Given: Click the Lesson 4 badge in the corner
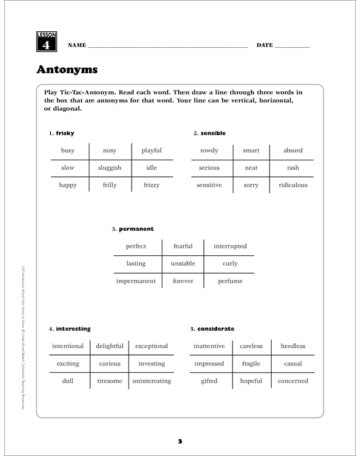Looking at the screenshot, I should pyautogui.click(x=47, y=42).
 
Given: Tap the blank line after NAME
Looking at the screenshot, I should pyautogui.click(x=168, y=47).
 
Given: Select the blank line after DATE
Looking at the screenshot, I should pyautogui.click(x=293, y=47).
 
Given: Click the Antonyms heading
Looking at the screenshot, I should pyautogui.click(x=67, y=70).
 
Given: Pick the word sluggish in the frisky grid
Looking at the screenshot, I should pyautogui.click(x=110, y=167).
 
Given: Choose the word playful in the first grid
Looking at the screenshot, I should pyautogui.click(x=151, y=150).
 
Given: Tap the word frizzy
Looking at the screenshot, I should pyautogui.click(x=151, y=184).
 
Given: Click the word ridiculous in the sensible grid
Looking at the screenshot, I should pyautogui.click(x=293, y=184).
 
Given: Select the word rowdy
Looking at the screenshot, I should pyautogui.click(x=209, y=150).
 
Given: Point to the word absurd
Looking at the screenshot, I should pyautogui.click(x=293, y=150).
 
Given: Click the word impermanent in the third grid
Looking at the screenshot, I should pyautogui.click(x=136, y=281).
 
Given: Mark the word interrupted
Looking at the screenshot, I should pyautogui.click(x=230, y=246).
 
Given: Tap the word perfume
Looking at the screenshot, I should pyautogui.click(x=230, y=281).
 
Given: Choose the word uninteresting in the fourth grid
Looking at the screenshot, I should pyautogui.click(x=152, y=381).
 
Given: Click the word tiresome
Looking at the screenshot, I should pyautogui.click(x=110, y=381).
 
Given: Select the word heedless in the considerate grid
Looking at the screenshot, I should pyautogui.click(x=293, y=346).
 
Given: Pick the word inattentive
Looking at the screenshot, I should pyautogui.click(x=209, y=346).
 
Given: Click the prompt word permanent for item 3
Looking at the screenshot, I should pyautogui.click(x=136, y=229).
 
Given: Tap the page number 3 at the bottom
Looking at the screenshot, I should pyautogui.click(x=180, y=441).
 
